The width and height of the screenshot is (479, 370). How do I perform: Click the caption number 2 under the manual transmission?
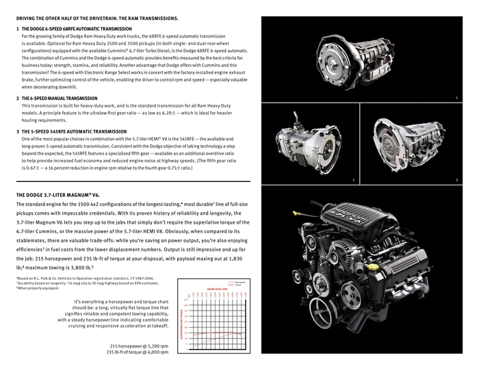click(x=353, y=179)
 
